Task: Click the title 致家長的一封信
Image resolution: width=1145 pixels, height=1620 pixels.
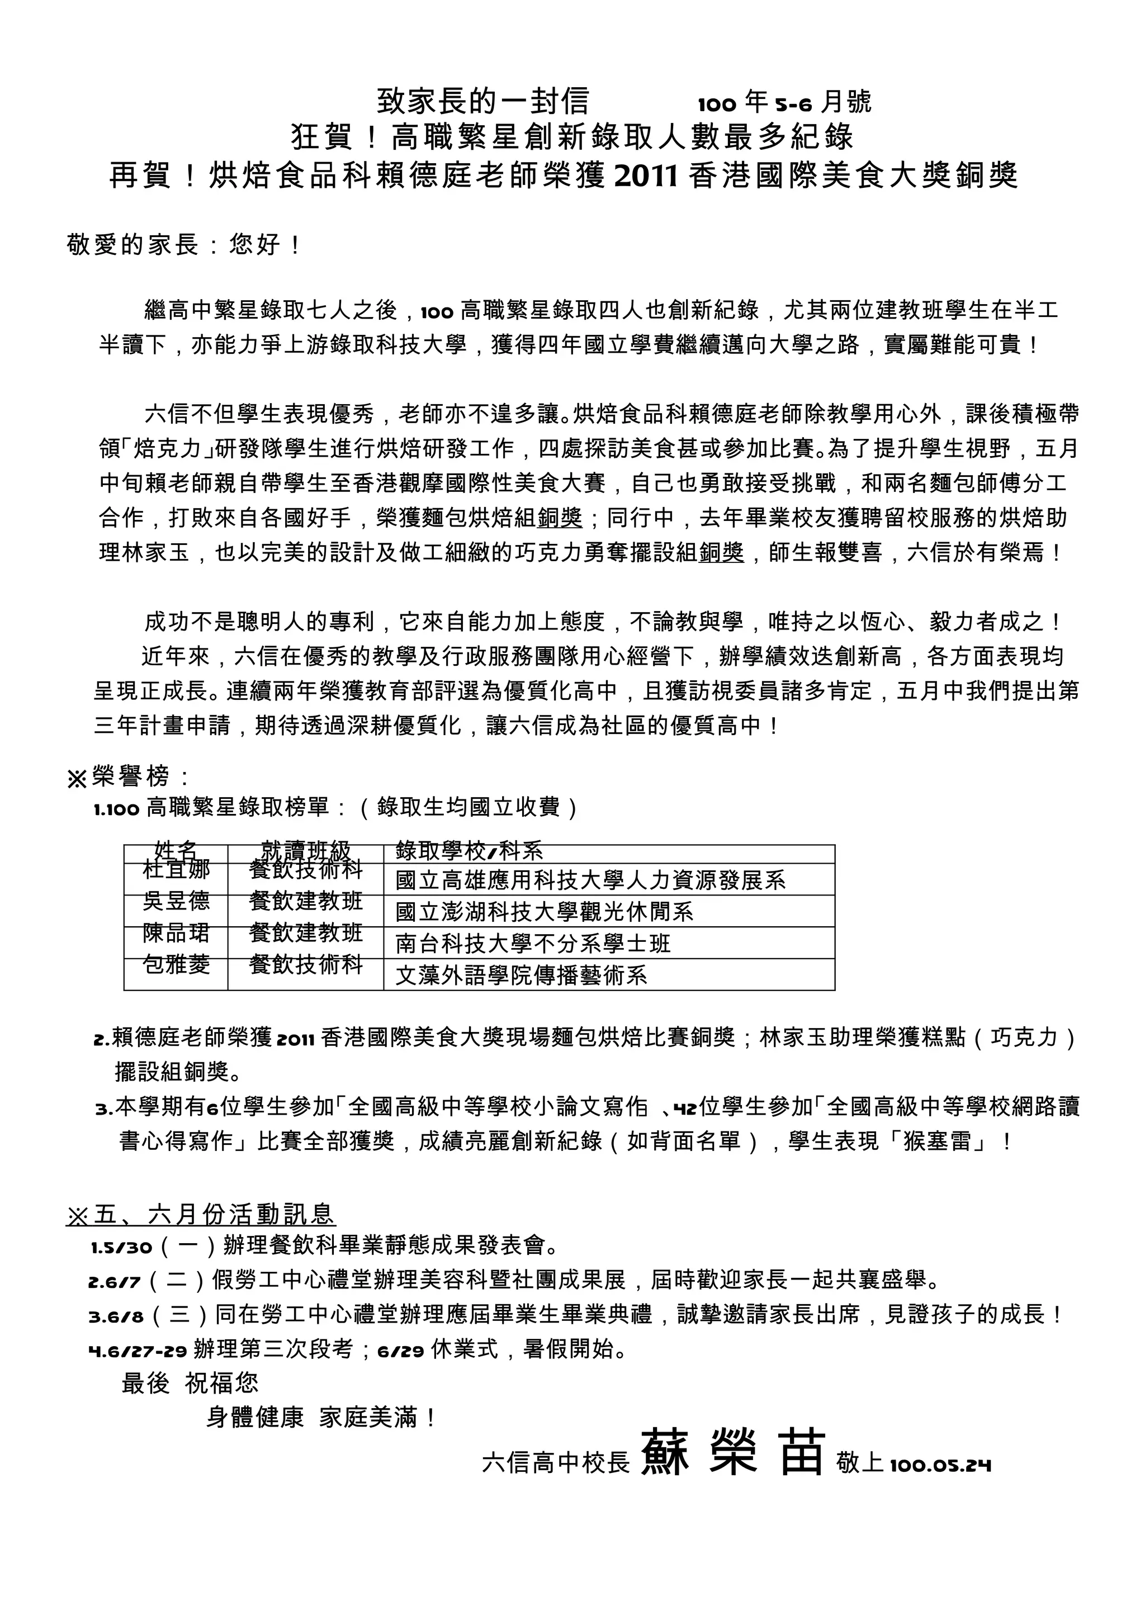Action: click(x=482, y=102)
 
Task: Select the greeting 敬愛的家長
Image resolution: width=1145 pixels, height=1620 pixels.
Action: click(x=133, y=245)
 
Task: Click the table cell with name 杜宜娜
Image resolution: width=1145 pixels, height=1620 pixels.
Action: click(x=176, y=869)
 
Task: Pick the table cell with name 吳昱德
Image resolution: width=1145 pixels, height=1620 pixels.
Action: click(x=176, y=901)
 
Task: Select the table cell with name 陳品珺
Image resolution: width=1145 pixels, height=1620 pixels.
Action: click(x=176, y=933)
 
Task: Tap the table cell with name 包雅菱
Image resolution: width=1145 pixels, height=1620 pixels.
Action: click(x=176, y=964)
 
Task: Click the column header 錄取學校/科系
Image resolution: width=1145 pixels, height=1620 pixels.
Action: click(x=469, y=851)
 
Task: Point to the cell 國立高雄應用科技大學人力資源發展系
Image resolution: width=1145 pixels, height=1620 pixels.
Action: click(x=590, y=880)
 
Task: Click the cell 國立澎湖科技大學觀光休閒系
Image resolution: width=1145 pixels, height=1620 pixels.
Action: click(x=544, y=912)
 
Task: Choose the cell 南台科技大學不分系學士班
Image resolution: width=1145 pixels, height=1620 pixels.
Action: click(x=533, y=944)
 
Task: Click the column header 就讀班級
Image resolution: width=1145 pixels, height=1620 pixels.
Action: click(x=305, y=851)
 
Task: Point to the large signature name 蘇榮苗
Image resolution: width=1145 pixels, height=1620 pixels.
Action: click(x=732, y=1452)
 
